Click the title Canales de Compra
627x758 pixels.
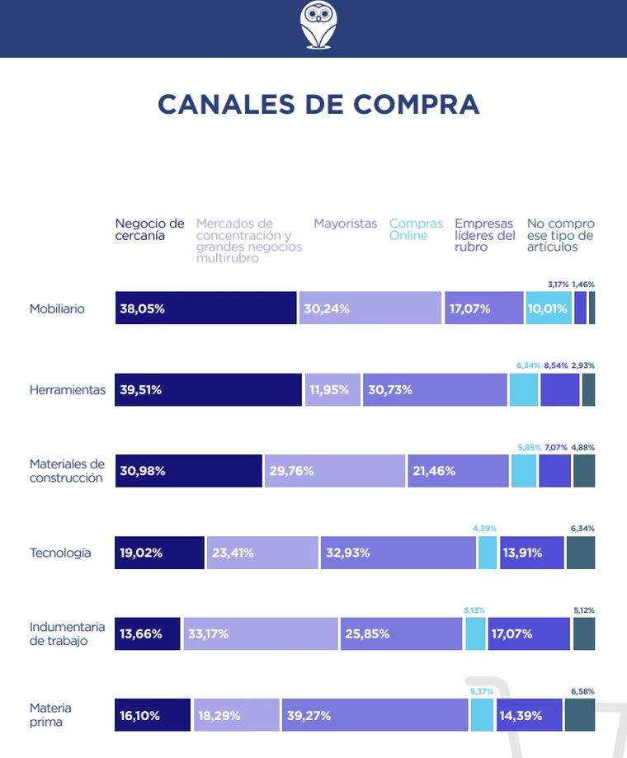click(x=318, y=105)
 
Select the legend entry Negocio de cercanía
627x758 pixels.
click(x=149, y=229)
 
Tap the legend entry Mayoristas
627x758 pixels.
click(x=345, y=224)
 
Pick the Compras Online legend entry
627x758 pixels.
click(x=416, y=229)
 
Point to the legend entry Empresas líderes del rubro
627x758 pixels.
click(x=484, y=235)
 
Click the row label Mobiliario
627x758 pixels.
click(x=57, y=309)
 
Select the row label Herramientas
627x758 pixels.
click(x=68, y=390)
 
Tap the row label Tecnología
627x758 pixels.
click(x=60, y=553)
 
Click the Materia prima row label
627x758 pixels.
click(x=50, y=715)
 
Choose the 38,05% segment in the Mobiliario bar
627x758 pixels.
click(x=205, y=308)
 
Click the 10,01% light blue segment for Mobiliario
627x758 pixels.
click(x=548, y=308)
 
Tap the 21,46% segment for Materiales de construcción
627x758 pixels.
click(x=457, y=471)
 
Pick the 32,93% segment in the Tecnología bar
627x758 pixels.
click(x=398, y=553)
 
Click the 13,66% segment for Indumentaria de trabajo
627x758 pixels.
click(x=148, y=634)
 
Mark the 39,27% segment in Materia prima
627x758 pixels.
click(x=375, y=715)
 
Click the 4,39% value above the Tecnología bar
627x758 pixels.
click(x=484, y=528)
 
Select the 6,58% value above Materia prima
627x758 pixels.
click(x=582, y=691)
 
